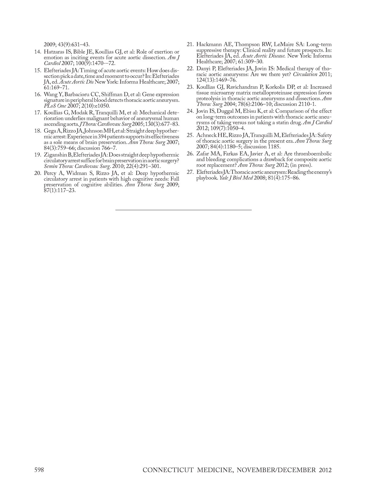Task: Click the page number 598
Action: click(x=39, y=470)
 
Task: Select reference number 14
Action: click(x=38, y=52)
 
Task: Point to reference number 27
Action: click(x=190, y=172)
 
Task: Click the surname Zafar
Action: click(x=203, y=154)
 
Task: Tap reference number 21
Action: click(x=190, y=45)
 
